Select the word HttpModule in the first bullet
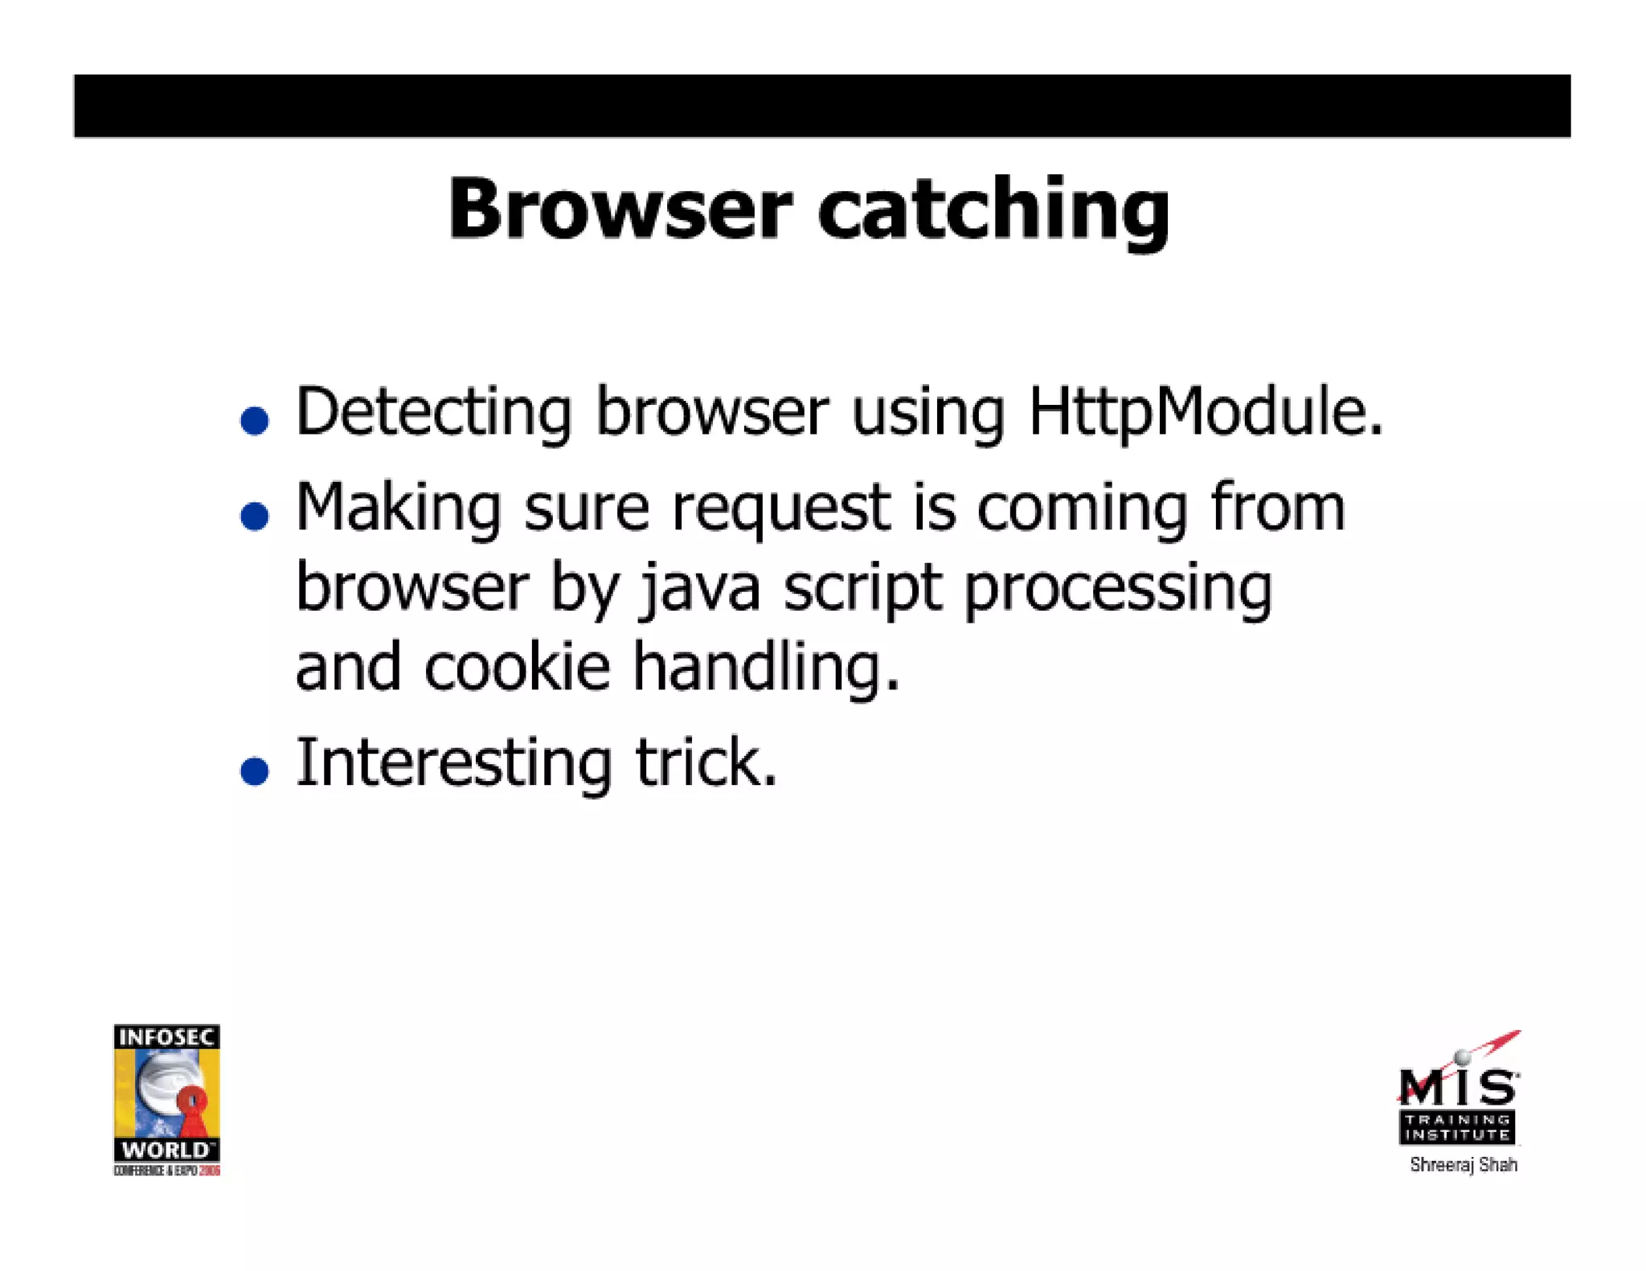[x=1205, y=412]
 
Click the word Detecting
[x=434, y=412]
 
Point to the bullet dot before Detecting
[x=255, y=420]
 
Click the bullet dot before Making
[x=255, y=516]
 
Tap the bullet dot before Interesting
[x=255, y=770]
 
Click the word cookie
[x=517, y=668]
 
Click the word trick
[x=706, y=762]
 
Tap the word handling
[x=765, y=668]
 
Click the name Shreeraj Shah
[x=1463, y=1165]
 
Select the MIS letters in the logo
[x=1457, y=1088]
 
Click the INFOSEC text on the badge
[x=166, y=1037]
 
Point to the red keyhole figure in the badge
[x=193, y=1108]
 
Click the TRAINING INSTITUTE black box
[x=1457, y=1127]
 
